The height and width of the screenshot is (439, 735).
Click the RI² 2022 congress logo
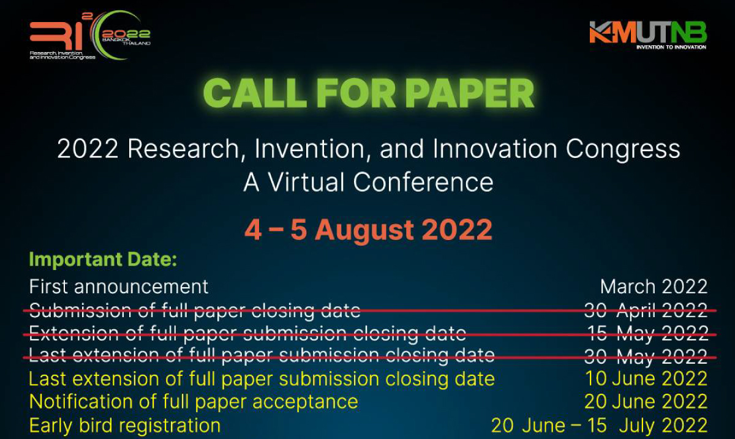90,36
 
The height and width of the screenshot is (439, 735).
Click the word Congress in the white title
623,150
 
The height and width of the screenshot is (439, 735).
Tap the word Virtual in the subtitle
307,182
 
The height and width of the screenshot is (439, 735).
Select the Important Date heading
103,259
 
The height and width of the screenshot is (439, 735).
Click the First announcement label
118,287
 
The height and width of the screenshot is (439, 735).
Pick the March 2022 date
654,287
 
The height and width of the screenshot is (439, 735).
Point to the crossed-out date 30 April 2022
646,310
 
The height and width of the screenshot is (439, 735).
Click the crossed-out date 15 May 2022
647,334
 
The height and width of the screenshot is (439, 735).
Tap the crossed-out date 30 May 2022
646,356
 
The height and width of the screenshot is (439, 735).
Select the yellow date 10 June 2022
646,378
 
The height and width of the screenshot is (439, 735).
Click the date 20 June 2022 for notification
646,402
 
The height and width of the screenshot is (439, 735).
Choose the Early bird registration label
125,426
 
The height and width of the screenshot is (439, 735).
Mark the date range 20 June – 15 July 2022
599,426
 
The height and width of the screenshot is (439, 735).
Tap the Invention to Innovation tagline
671,47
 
